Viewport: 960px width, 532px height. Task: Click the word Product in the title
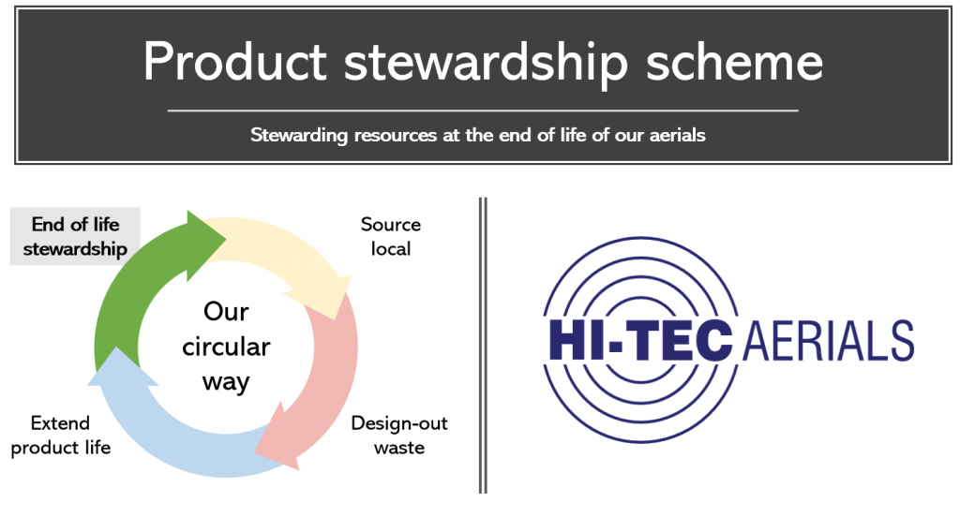[235, 61]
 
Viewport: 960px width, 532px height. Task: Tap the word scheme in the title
[734, 61]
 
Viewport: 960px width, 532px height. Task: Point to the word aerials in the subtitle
[677, 135]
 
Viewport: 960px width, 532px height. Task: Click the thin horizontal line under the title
[483, 111]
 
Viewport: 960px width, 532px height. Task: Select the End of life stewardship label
[75, 237]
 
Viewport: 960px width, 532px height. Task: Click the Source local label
[391, 237]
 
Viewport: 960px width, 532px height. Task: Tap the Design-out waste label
[399, 435]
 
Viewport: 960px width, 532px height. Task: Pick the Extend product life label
[61, 435]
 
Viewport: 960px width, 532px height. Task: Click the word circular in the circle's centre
[226, 347]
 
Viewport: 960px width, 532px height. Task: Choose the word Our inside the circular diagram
[226, 312]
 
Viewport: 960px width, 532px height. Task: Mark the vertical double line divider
[483, 346]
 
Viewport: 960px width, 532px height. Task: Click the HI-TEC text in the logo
[640, 341]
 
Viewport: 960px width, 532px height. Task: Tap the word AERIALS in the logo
[829, 341]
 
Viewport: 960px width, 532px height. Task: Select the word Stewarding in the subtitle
[299, 135]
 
